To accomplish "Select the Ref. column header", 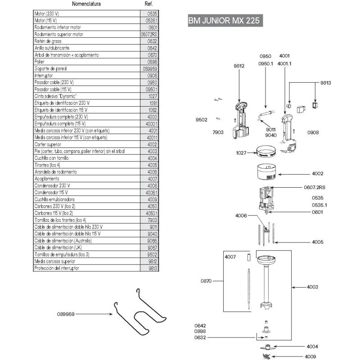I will click(148, 4).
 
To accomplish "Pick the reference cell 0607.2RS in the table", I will click(148, 34).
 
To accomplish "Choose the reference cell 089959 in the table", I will click(148, 69).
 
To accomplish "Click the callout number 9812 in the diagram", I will click(239, 66).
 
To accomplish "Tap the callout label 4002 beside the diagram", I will click(318, 173).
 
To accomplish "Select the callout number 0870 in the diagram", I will click(206, 281).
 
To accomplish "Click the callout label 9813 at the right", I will click(325, 83).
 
